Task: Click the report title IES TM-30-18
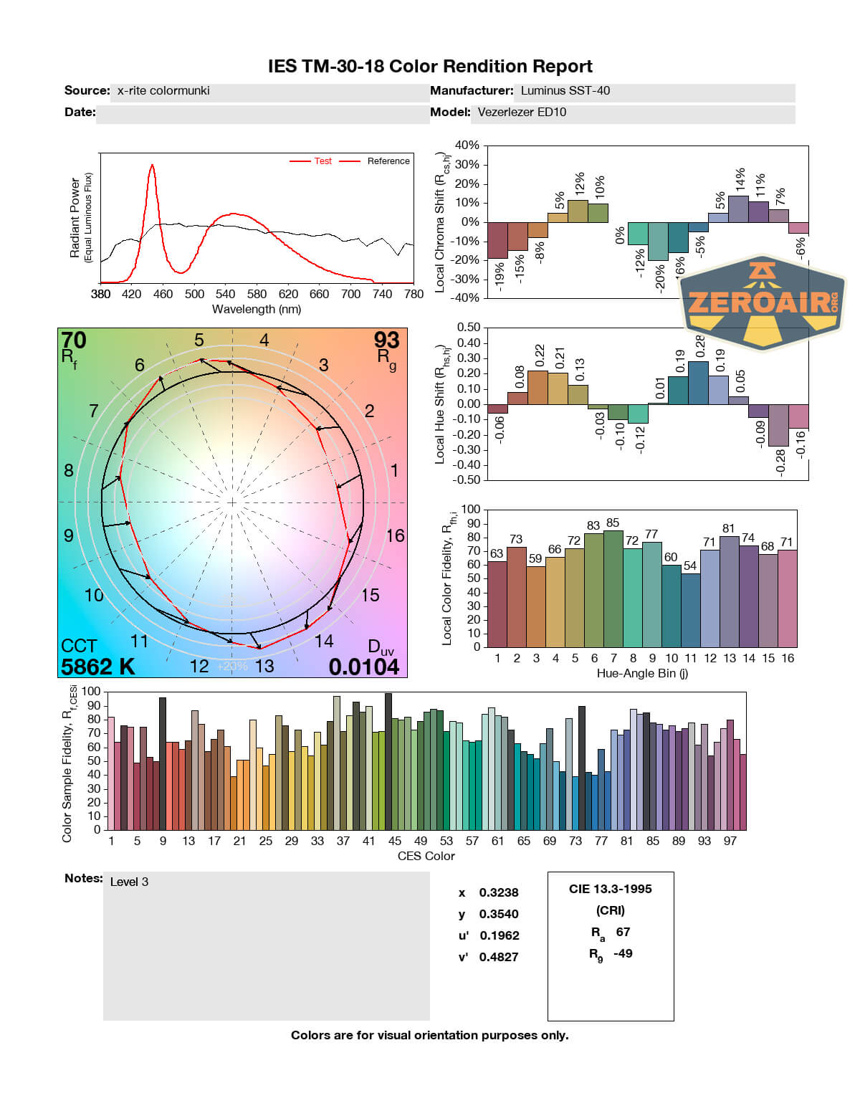[x=429, y=67]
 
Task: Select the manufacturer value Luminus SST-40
[x=565, y=91]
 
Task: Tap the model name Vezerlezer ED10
[x=522, y=113]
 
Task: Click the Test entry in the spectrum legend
[x=322, y=161]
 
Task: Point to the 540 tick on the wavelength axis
[x=225, y=294]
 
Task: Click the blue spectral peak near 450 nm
[x=152, y=166]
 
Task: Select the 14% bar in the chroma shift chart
[x=738, y=209]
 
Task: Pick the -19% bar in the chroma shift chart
[x=497, y=240]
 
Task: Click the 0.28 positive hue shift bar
[x=698, y=383]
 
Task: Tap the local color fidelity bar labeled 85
[x=613, y=588]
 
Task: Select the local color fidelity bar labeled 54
[x=690, y=609]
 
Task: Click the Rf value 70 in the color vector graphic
[x=73, y=340]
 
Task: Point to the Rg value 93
[x=386, y=340]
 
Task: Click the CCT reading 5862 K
[x=98, y=667]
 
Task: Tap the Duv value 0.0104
[x=363, y=667]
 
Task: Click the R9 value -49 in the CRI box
[x=623, y=953]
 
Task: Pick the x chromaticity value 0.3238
[x=499, y=893]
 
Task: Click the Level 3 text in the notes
[x=129, y=882]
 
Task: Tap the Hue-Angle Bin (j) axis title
[x=642, y=673]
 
